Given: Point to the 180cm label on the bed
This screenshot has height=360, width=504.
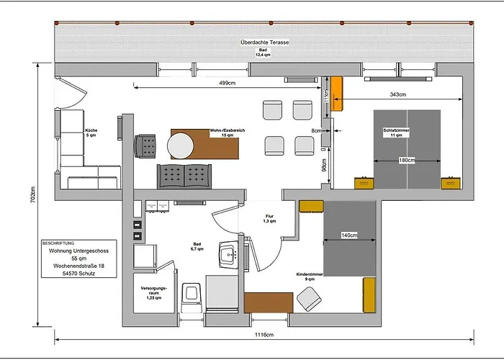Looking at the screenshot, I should tap(407, 160).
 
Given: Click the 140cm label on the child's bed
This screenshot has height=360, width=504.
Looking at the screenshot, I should tap(350, 235).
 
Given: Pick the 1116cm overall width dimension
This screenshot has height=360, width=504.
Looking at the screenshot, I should tap(264, 336).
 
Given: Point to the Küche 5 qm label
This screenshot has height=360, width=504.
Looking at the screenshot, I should tap(91, 132).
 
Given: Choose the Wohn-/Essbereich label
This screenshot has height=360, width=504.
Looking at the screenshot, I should tap(228, 132).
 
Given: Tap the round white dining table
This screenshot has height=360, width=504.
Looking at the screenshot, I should tap(181, 147).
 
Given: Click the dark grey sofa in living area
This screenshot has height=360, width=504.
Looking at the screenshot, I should tap(184, 174).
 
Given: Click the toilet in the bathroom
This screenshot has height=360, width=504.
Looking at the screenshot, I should tap(192, 292).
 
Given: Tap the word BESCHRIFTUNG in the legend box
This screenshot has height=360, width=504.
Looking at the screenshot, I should tap(59, 243).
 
